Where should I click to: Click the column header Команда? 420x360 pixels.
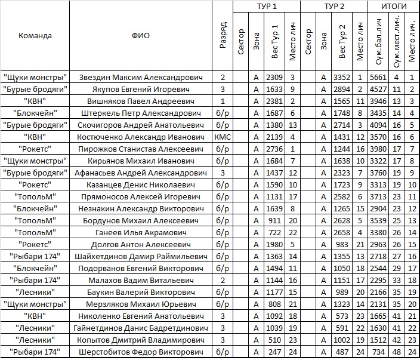click(35, 35)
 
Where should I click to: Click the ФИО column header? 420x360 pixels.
click(141, 35)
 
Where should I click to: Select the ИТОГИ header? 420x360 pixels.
click(394, 6)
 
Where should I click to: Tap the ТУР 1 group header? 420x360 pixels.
click(266, 6)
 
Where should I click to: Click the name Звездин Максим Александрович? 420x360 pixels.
click(141, 77)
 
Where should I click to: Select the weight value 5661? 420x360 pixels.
click(378, 77)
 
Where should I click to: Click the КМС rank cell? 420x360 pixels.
click(222, 137)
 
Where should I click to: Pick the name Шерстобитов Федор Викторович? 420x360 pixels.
click(141, 352)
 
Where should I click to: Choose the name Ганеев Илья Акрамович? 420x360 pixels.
click(141, 232)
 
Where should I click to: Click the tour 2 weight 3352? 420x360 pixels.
click(342, 77)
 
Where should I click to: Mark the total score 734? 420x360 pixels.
click(378, 352)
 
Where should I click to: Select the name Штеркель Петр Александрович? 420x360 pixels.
click(141, 113)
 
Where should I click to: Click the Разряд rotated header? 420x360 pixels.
click(223, 35)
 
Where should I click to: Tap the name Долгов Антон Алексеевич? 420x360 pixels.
click(141, 244)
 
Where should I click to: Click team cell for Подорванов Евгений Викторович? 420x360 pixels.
click(35, 268)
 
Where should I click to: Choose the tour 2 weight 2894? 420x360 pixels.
click(342, 89)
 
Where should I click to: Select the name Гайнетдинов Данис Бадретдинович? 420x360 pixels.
click(141, 328)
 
